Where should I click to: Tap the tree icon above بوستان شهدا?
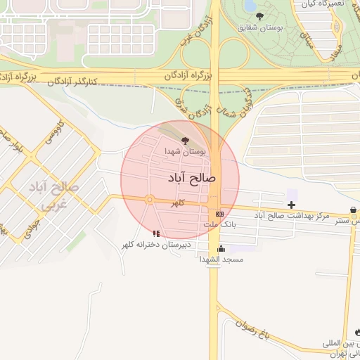(x=185, y=141)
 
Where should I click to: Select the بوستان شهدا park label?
(x=186, y=151)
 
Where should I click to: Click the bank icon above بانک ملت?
(x=220, y=213)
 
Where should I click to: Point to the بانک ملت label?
(x=219, y=224)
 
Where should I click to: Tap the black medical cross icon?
(x=292, y=205)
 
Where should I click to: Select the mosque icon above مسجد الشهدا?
(x=221, y=248)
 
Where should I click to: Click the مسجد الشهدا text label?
(x=221, y=259)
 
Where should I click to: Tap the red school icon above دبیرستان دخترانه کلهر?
(x=156, y=233)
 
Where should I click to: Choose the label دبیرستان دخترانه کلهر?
(x=155, y=244)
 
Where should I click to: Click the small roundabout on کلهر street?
(x=150, y=200)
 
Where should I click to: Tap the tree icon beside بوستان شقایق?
(x=260, y=15)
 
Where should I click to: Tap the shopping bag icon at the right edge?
(x=352, y=210)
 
